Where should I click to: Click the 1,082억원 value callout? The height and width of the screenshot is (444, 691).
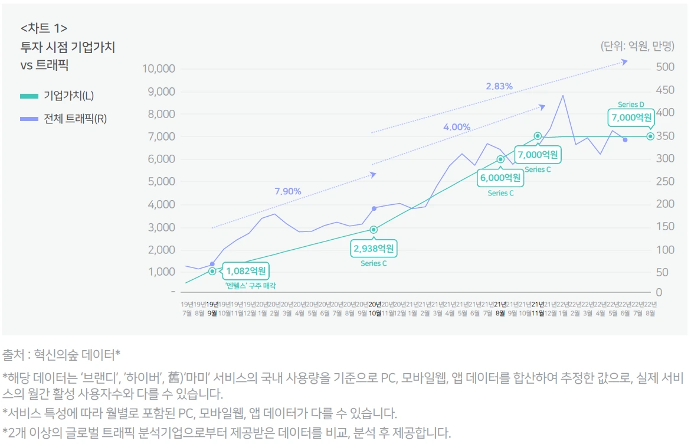(x=246, y=272)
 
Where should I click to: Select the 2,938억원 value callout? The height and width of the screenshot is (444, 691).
(x=374, y=249)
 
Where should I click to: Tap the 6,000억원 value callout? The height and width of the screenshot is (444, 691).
(x=500, y=178)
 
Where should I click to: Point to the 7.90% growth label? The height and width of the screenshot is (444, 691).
(x=288, y=191)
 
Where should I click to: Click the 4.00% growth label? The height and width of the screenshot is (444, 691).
(x=457, y=127)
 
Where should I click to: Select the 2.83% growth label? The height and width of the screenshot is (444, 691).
(x=499, y=86)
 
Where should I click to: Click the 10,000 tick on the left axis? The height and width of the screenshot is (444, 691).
(x=159, y=68)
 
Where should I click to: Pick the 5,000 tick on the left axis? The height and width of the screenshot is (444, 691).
(x=161, y=182)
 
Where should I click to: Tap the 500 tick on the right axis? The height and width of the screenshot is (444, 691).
(x=665, y=67)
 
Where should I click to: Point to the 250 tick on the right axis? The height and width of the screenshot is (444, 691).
(x=665, y=181)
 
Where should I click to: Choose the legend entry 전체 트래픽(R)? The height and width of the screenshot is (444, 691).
(x=75, y=119)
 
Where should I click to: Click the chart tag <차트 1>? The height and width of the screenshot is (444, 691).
(x=44, y=28)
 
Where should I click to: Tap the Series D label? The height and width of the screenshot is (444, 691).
(x=631, y=105)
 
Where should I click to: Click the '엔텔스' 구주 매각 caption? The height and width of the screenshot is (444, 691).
(x=251, y=285)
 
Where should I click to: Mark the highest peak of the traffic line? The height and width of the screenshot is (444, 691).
(x=562, y=96)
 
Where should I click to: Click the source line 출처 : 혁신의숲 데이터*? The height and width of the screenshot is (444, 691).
(x=61, y=355)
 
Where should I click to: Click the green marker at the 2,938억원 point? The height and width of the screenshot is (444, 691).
(x=374, y=230)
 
